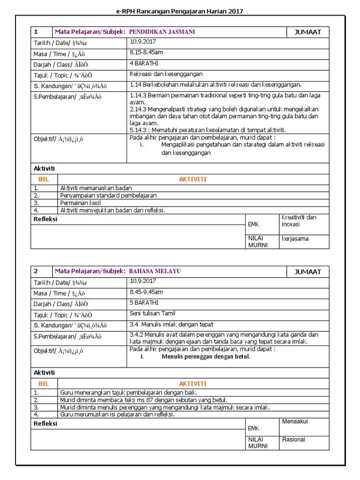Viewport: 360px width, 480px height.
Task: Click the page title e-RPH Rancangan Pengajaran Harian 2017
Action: click(180, 11)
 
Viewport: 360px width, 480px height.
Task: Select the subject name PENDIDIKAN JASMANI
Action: click(162, 32)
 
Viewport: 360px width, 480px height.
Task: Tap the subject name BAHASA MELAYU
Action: click(155, 271)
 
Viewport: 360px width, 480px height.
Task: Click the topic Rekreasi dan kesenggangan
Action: click(166, 74)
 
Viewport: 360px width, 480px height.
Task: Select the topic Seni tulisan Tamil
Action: click(152, 313)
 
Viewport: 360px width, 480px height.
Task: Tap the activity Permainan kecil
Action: click(80, 203)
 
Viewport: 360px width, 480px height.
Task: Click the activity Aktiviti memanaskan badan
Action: click(96, 188)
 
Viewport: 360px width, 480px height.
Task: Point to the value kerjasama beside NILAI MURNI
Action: click(295, 239)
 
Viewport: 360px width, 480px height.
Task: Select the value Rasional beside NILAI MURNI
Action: click(293, 440)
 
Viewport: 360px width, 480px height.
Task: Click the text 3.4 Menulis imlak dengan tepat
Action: click(172, 324)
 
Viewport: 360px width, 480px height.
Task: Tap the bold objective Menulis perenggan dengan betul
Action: click(206, 357)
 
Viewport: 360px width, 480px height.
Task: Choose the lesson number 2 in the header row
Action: click(36, 271)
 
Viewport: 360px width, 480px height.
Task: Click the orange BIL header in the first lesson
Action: click(44, 180)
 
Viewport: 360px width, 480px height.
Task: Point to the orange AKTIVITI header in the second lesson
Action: click(193, 383)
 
